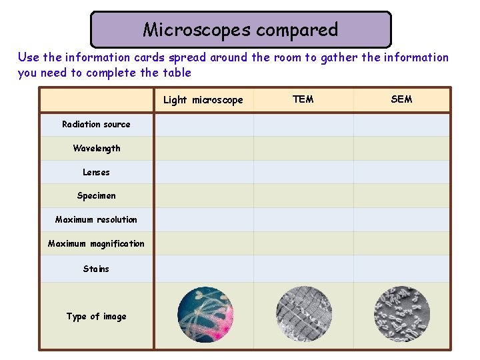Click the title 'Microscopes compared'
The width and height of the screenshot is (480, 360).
point(240,30)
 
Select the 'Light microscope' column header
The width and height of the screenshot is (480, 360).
point(203,100)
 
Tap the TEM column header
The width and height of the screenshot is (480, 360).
point(303,99)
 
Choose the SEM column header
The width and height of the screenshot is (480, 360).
point(401,99)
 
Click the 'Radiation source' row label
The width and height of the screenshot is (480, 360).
point(96,124)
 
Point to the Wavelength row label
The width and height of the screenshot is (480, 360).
point(97,148)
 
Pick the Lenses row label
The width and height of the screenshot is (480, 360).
point(96,172)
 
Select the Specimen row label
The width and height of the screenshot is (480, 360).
point(96,195)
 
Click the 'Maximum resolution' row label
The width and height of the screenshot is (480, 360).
point(96,219)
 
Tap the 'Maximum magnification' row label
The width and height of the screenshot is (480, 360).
point(96,243)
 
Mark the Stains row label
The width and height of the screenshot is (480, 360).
point(96,269)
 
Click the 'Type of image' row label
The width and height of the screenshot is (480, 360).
point(96,317)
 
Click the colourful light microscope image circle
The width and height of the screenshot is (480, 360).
point(205,315)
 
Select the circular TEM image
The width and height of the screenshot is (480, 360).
point(303,315)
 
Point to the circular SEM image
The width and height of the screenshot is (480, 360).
point(402,315)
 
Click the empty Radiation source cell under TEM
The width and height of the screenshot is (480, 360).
point(303,125)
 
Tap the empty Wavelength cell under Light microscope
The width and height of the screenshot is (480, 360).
point(204,148)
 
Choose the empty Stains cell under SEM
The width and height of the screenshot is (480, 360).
point(402,269)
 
